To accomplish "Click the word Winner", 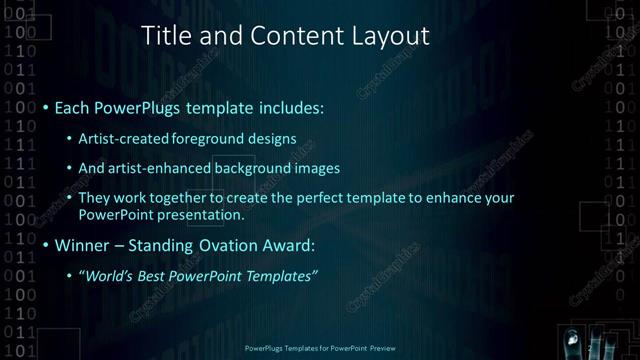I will click(81, 244).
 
